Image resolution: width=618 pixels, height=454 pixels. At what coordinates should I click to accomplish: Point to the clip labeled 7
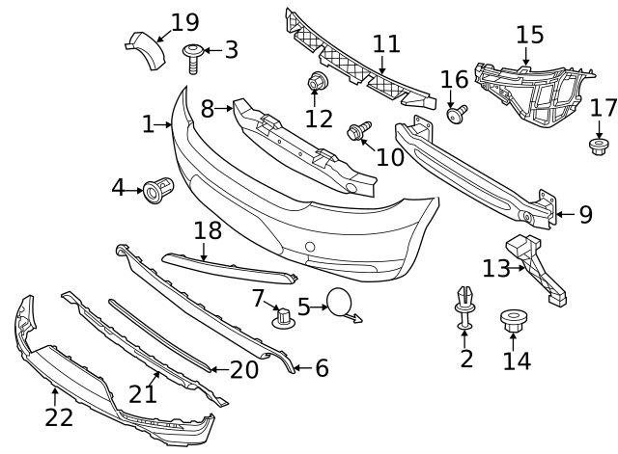pyautogui.click(x=282, y=317)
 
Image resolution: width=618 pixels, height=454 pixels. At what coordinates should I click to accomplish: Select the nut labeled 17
pyautogui.click(x=598, y=147)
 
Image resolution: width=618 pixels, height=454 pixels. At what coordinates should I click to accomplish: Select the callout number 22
pyautogui.click(x=59, y=417)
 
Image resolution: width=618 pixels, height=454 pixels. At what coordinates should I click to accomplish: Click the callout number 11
pyautogui.click(x=385, y=44)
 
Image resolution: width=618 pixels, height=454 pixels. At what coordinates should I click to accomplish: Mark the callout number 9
pyautogui.click(x=585, y=214)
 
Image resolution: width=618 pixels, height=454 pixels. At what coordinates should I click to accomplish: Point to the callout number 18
pyautogui.click(x=208, y=230)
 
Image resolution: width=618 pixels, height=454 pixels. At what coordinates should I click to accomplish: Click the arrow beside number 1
pyautogui.click(x=165, y=124)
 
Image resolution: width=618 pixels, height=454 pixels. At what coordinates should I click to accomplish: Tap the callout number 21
pyautogui.click(x=143, y=394)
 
